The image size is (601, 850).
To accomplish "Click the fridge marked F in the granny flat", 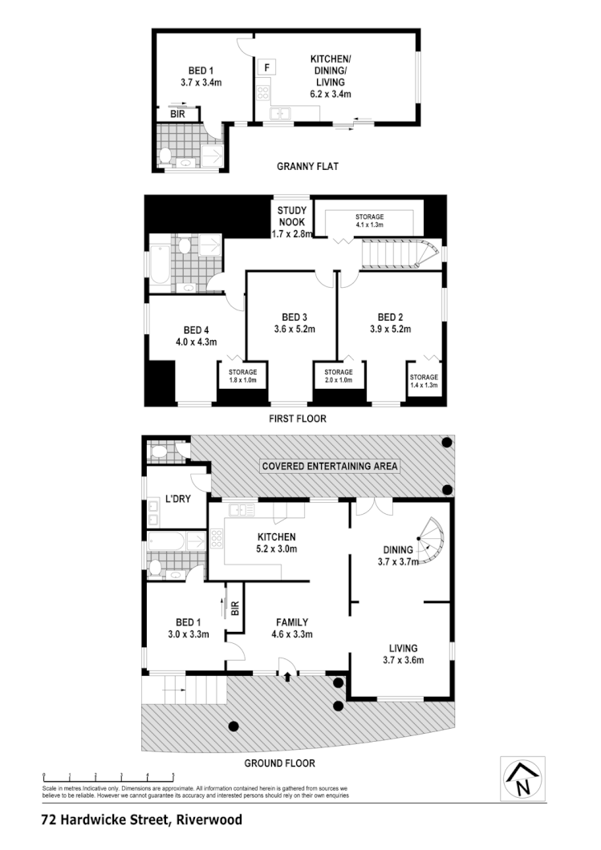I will (x=266, y=67).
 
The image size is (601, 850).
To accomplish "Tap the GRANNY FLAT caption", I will (x=307, y=167).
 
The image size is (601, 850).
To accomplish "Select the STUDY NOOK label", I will (x=287, y=217).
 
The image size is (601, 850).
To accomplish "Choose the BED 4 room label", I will (x=196, y=335).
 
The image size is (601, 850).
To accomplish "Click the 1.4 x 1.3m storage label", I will (x=424, y=381).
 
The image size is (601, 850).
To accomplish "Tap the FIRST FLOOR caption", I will (x=297, y=419).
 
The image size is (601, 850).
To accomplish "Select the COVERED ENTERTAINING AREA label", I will (x=330, y=466).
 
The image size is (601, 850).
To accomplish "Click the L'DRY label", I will (x=177, y=499).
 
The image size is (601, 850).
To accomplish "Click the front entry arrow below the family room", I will (x=287, y=677).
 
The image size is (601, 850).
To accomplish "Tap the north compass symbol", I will (x=522, y=778).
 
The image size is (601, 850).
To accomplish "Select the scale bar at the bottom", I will (x=109, y=776).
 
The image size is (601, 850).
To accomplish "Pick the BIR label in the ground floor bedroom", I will (x=235, y=609).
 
